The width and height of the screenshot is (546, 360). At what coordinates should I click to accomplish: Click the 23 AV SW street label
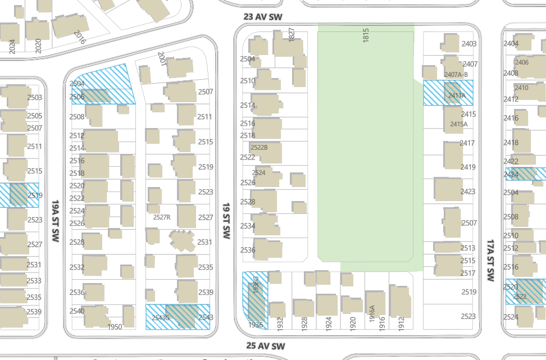[263, 17]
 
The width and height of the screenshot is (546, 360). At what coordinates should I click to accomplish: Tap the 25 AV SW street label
[266, 346]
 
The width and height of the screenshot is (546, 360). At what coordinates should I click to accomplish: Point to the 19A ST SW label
[56, 221]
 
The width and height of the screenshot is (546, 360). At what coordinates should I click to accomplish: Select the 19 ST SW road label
[226, 221]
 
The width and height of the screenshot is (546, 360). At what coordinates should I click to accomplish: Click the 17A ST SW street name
[490, 261]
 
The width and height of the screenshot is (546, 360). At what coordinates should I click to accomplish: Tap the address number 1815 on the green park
[366, 35]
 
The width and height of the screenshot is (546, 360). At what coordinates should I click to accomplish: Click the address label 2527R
[162, 217]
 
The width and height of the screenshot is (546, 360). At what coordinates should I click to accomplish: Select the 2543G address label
[161, 317]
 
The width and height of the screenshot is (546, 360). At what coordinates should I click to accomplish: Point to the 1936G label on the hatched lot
[256, 285]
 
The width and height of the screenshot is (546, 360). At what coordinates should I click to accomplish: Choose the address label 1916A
[371, 313]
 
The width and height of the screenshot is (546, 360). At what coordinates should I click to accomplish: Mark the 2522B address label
[259, 148]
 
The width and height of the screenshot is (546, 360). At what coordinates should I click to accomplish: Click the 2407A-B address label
[456, 75]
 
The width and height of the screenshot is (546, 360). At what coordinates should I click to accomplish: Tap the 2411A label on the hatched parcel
[457, 95]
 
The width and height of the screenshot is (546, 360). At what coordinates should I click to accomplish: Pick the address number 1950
[115, 326]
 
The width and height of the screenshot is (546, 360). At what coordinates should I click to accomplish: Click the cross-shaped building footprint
[182, 240]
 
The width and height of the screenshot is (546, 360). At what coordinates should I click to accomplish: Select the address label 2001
[162, 58]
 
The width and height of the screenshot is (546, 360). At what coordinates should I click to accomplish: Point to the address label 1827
[292, 35]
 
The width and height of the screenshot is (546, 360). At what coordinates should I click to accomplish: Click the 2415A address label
[458, 124]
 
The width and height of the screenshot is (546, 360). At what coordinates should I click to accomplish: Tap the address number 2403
[469, 43]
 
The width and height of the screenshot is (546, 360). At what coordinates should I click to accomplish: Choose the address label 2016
[80, 37]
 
